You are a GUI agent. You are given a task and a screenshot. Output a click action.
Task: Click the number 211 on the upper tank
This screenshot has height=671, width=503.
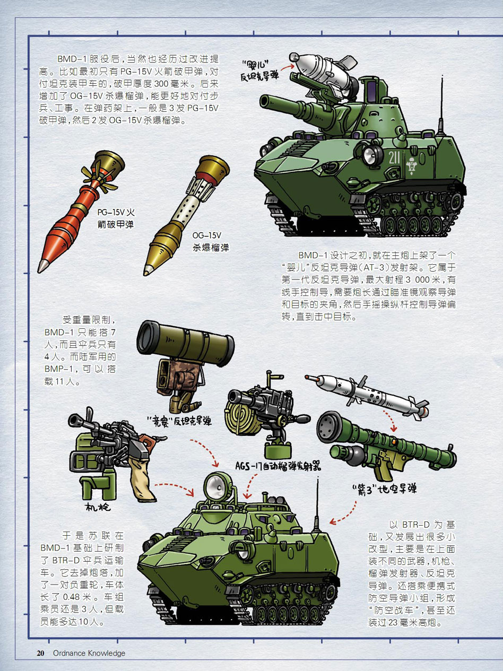[394, 158]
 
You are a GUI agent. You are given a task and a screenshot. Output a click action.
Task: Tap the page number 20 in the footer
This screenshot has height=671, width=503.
[40, 653]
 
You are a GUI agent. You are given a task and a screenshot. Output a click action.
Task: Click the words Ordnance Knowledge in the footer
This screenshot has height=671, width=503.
[89, 653]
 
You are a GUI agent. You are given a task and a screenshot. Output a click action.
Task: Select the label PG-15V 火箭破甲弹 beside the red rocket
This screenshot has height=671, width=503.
[116, 218]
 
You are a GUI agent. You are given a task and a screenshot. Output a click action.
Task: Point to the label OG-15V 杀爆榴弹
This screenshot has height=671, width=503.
[210, 241]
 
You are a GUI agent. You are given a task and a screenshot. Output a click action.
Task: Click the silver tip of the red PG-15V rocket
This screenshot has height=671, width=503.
[42, 266]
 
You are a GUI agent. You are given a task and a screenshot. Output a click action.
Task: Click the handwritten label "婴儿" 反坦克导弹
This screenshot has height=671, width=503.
[259, 71]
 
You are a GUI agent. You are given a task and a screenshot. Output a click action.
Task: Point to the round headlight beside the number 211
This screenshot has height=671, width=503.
[372, 155]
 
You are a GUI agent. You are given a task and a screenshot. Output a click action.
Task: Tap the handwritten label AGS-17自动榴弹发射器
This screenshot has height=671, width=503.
[278, 466]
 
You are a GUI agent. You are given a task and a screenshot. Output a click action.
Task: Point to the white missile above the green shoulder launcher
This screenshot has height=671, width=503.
[367, 396]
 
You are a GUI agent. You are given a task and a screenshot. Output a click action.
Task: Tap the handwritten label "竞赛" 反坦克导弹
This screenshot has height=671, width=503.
[179, 421]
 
